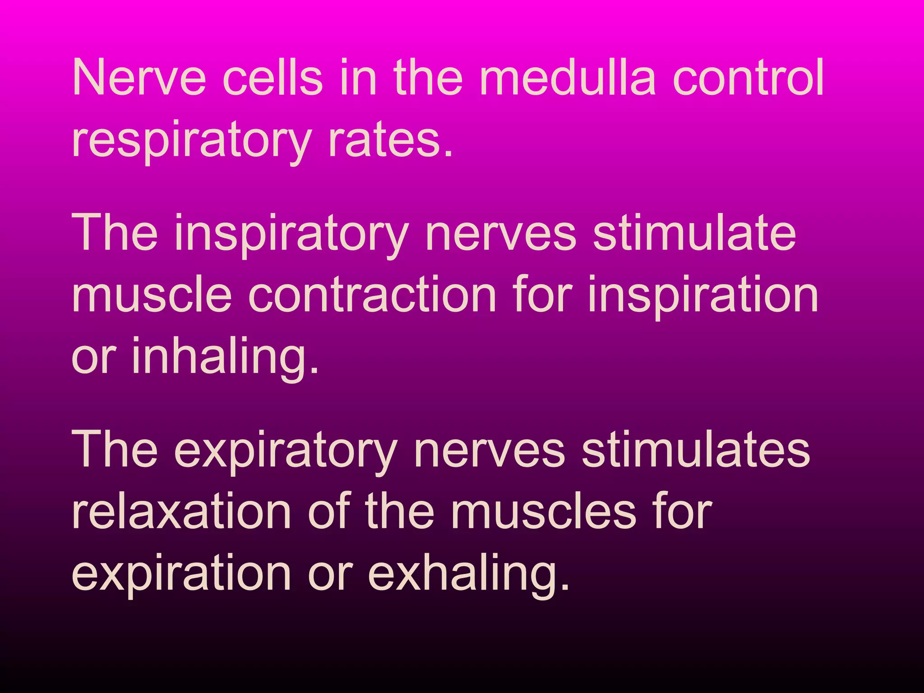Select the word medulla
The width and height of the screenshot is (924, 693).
(x=567, y=77)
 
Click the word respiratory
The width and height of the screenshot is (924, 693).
(x=191, y=141)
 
